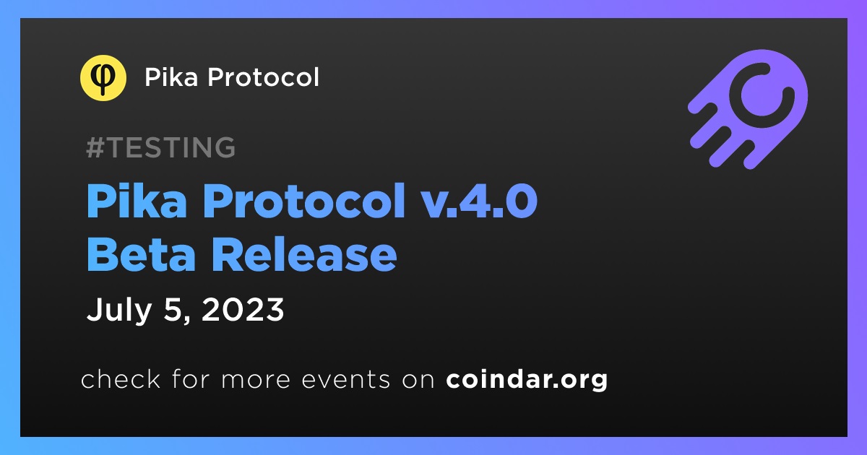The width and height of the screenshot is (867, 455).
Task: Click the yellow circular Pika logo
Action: [x=103, y=78]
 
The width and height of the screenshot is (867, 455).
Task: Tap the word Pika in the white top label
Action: [x=171, y=77]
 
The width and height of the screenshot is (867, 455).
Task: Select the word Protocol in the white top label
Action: [x=263, y=77]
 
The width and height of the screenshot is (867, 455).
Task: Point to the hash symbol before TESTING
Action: [x=95, y=147]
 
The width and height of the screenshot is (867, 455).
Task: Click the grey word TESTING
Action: [x=171, y=147]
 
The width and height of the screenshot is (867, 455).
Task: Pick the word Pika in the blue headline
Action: [x=137, y=201]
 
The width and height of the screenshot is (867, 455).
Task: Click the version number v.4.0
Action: [x=478, y=201]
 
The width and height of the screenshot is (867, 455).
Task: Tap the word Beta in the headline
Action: [x=141, y=254]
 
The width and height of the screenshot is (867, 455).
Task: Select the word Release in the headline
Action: [x=304, y=254]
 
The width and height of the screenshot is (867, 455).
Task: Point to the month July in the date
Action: [x=118, y=311]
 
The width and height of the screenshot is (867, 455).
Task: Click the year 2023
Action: [x=243, y=310]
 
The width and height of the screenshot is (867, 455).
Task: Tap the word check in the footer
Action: [x=121, y=378]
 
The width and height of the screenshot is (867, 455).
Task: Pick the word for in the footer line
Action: [x=191, y=378]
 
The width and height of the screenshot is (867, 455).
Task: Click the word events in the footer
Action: [x=346, y=380]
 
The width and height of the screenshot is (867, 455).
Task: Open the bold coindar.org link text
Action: [x=527, y=380]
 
